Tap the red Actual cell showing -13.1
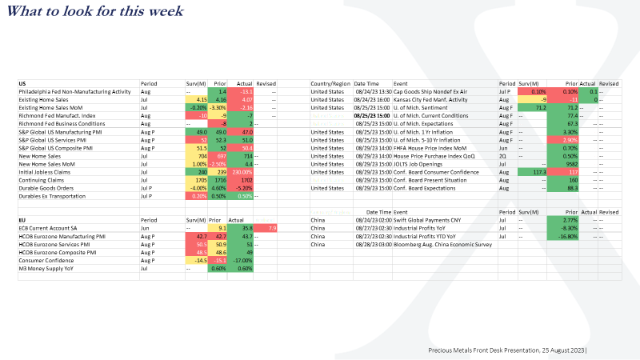(242, 92)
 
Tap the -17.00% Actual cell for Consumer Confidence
(241, 261)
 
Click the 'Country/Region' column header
(330, 83)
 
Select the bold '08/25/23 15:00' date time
(372, 116)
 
